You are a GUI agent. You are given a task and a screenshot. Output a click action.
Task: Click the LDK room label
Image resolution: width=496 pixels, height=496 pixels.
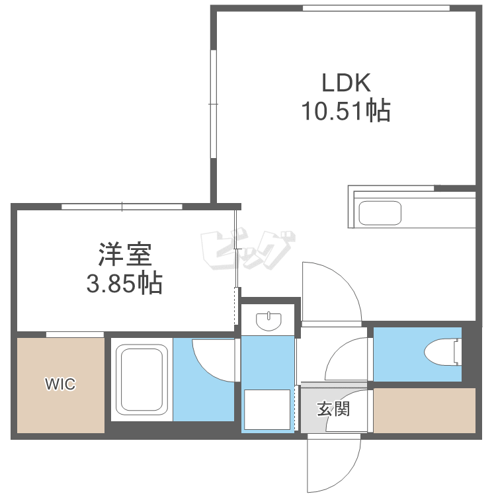click(x=346, y=83)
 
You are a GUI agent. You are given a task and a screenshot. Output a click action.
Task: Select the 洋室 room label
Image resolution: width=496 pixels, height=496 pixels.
click(x=125, y=254)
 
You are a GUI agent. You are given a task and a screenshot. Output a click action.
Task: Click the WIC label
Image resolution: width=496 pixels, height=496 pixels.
click(x=60, y=384)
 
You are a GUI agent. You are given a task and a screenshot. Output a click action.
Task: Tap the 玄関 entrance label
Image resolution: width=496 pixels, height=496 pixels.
click(x=333, y=409)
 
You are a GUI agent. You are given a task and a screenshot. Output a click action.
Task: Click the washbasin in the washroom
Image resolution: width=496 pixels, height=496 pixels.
click(x=269, y=321)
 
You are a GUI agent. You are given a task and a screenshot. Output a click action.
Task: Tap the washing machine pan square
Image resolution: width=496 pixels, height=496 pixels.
click(x=268, y=410)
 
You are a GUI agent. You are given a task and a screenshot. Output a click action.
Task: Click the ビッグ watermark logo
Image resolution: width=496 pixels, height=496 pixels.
click(x=246, y=251)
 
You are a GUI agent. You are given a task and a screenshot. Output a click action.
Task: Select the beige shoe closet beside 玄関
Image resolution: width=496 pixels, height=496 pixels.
click(x=425, y=410)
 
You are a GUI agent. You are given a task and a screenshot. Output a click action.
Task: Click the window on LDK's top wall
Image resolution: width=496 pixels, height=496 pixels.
click(x=376, y=8)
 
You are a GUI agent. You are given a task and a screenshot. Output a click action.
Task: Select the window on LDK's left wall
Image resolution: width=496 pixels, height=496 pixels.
click(x=214, y=104)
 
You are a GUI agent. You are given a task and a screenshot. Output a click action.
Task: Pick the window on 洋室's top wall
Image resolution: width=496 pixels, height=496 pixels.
click(x=122, y=206)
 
